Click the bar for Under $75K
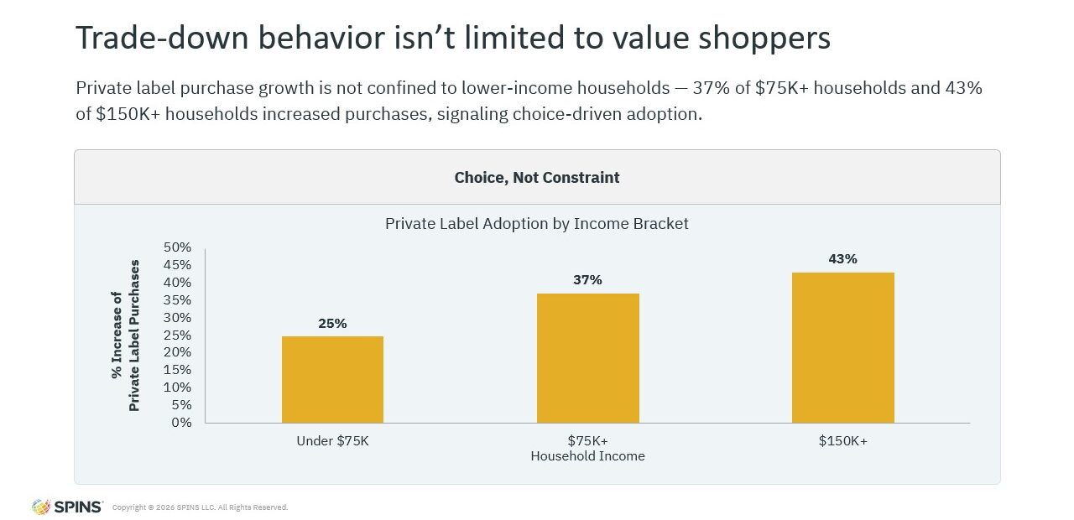click(332, 380)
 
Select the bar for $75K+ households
click(588, 358)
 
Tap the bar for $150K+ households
click(843, 347)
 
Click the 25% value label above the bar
click(332, 324)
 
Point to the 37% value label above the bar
click(587, 280)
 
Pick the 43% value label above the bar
click(842, 259)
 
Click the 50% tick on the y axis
click(177, 247)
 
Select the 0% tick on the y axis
click(181, 422)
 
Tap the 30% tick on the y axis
click(177, 317)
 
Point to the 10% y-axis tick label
click(177, 387)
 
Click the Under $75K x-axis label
click(333, 441)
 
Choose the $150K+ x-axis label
click(843, 441)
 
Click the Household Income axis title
click(587, 455)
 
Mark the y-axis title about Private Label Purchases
click(126, 335)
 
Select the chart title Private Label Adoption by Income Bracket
click(536, 224)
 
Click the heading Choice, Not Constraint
click(536, 178)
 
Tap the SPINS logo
click(67, 507)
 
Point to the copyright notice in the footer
click(200, 507)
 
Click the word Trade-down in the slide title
click(162, 38)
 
